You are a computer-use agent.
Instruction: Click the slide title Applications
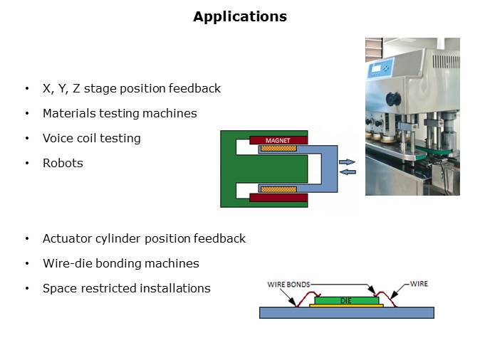point(240,16)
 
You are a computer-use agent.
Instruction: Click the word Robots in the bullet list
point(63,163)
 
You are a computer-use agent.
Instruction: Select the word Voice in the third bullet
point(57,138)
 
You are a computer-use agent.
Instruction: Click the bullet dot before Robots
point(27,163)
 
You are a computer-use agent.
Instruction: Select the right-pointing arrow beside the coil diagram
point(347,162)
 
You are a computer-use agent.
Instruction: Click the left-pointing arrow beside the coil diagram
point(347,171)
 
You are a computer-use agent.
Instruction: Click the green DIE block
point(347,301)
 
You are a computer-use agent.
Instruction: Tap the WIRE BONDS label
point(289,284)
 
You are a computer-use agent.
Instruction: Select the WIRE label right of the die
point(419,284)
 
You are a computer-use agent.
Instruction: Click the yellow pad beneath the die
point(347,306)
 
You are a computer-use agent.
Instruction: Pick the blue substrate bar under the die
point(347,312)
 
